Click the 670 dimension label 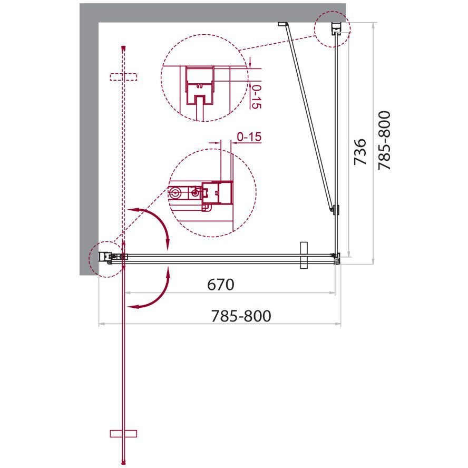221,285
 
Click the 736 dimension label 359,152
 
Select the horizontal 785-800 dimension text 241,316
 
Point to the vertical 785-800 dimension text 384,141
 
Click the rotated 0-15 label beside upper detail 256,96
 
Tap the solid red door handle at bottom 123,433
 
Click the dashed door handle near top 123,77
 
